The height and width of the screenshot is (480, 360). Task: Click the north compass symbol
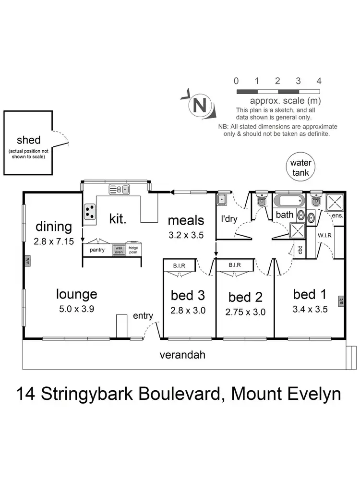click(198, 105)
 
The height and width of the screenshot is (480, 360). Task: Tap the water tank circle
click(301, 167)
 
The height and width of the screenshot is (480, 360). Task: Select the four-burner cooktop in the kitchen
click(90, 211)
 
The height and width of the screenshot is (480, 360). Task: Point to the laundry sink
click(222, 199)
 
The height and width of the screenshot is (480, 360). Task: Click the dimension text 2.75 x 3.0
click(245, 312)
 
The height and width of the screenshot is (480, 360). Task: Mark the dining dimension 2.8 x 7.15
click(54, 241)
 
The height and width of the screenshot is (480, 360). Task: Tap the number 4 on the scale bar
click(319, 81)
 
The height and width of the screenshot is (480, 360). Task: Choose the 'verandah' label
click(182, 355)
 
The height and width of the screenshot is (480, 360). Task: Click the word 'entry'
click(143, 315)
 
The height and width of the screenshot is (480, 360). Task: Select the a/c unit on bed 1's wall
click(341, 301)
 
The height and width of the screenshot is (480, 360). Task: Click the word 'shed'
click(29, 140)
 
